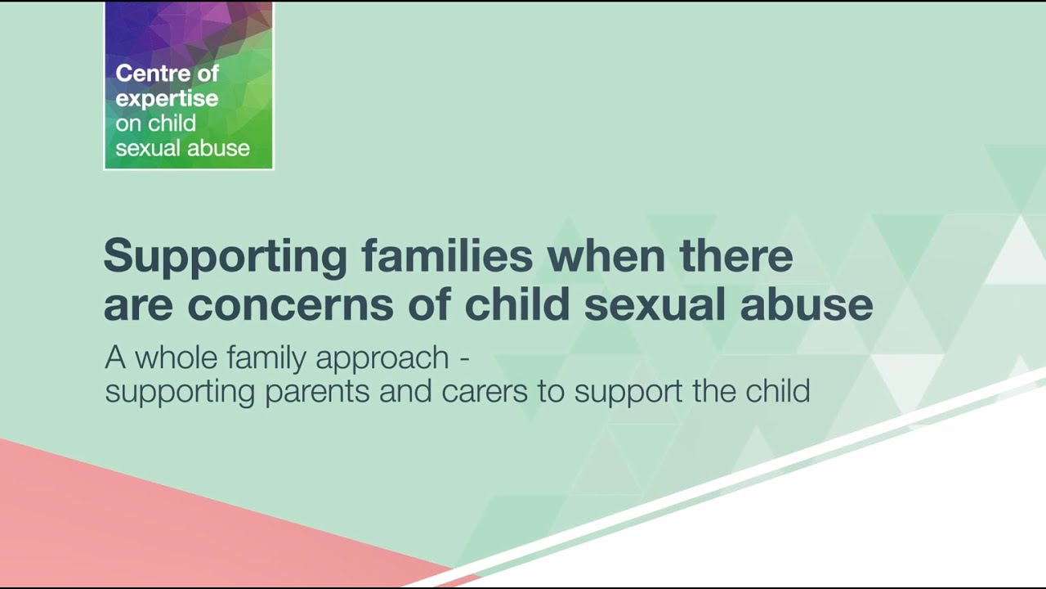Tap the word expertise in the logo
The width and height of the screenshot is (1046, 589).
(x=167, y=99)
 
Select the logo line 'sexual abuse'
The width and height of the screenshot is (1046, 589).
(x=182, y=149)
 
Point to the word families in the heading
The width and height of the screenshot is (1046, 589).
(x=447, y=256)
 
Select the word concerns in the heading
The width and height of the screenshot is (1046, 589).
(x=318, y=305)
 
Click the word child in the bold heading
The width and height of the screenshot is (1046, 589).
(x=516, y=304)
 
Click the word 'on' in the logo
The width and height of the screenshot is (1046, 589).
(x=128, y=124)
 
